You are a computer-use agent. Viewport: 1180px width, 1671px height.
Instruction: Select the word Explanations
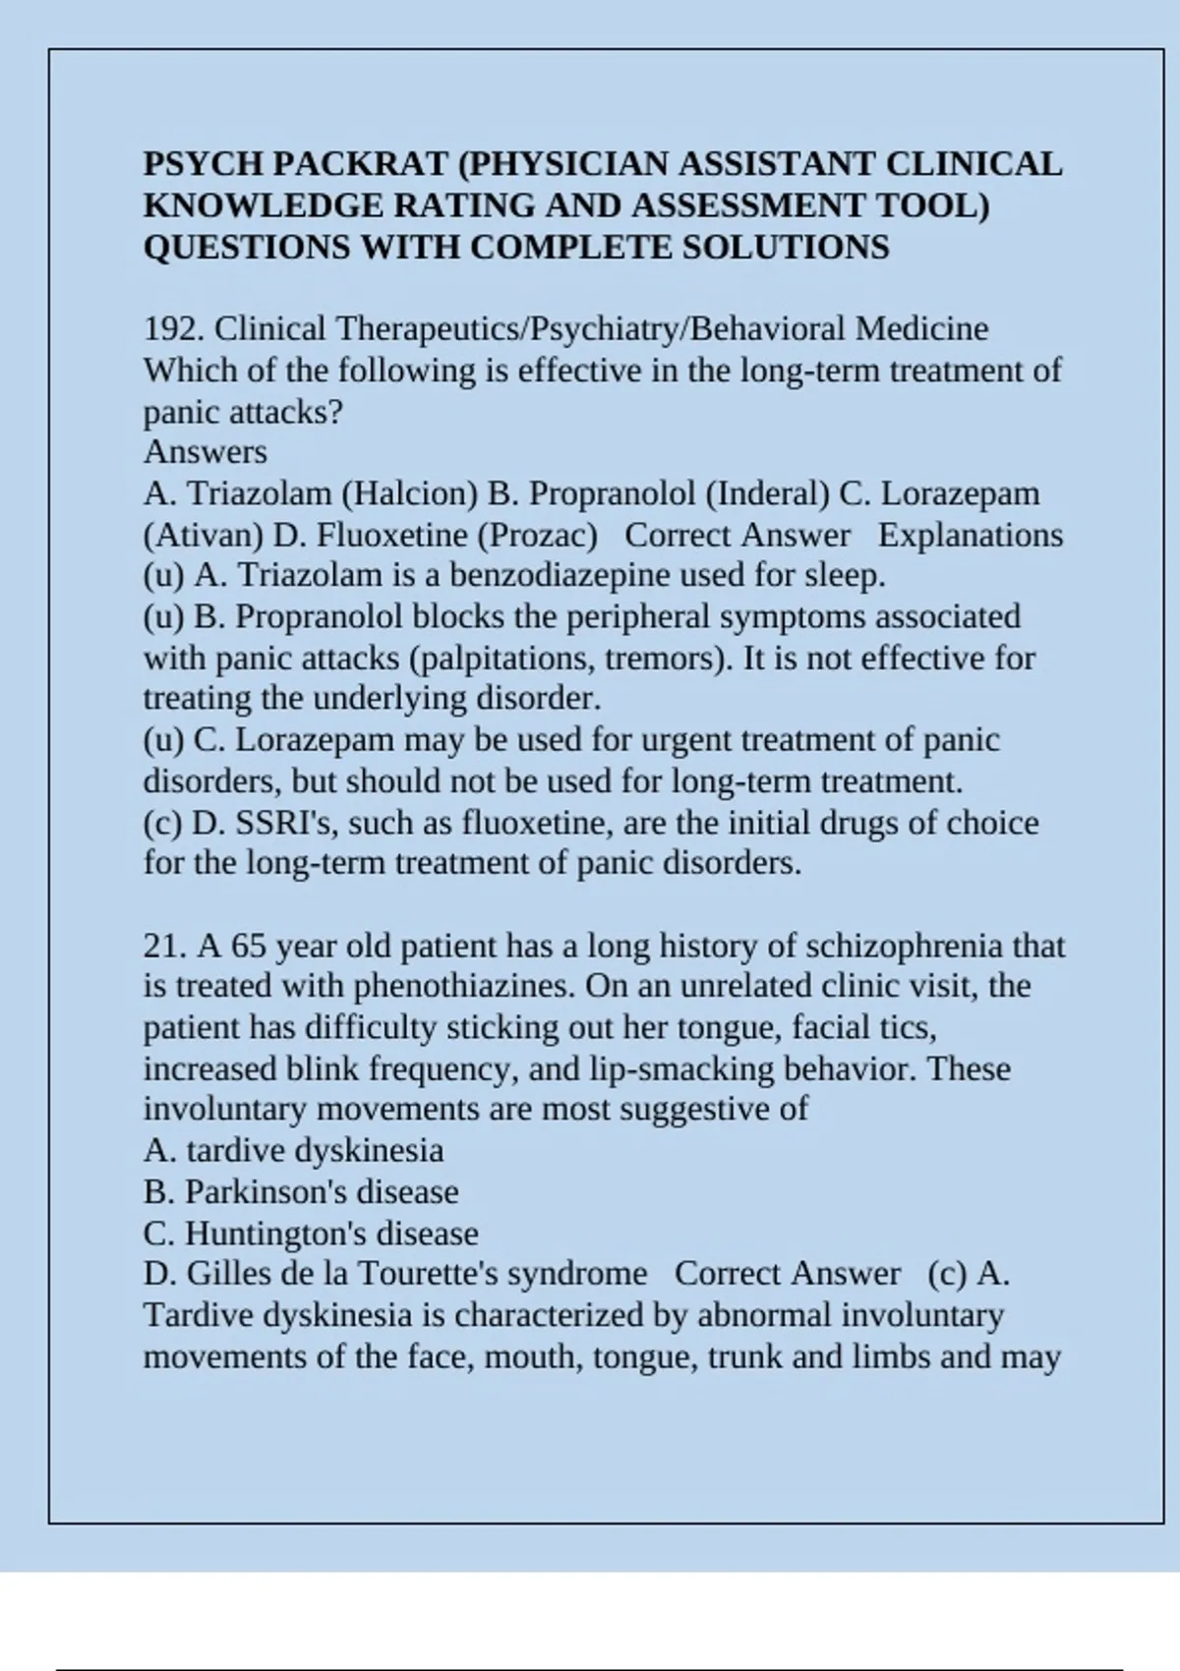coord(971,535)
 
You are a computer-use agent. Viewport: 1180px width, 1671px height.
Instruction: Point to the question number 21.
coord(165,946)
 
